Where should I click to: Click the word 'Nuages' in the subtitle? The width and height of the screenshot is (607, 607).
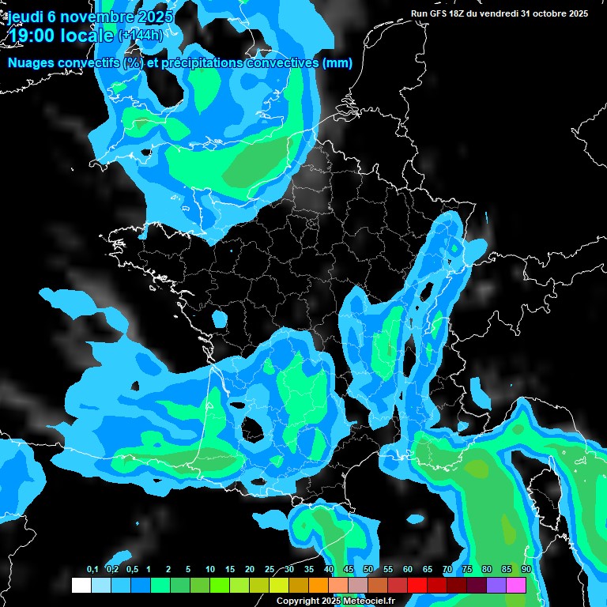coord(32,63)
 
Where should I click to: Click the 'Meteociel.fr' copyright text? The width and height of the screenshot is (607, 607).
coord(370,601)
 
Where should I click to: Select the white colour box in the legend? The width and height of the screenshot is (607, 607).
coord(81,585)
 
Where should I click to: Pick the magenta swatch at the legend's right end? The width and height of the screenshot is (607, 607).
coord(516,585)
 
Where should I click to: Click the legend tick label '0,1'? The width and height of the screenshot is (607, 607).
coord(92,570)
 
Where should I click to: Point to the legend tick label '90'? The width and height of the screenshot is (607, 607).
coord(526,570)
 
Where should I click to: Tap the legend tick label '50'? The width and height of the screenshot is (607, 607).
coord(368,570)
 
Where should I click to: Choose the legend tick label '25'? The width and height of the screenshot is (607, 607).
coord(270,570)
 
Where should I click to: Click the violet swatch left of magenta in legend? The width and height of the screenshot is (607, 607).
coord(496,585)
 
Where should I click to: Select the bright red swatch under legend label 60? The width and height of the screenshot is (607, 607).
coord(417,585)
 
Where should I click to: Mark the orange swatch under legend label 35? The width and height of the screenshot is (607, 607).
coord(319,585)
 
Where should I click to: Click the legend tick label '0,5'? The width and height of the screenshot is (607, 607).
coord(131,570)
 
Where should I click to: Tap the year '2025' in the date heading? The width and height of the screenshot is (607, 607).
coord(156,17)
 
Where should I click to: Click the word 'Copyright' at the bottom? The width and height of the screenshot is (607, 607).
coord(298,601)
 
